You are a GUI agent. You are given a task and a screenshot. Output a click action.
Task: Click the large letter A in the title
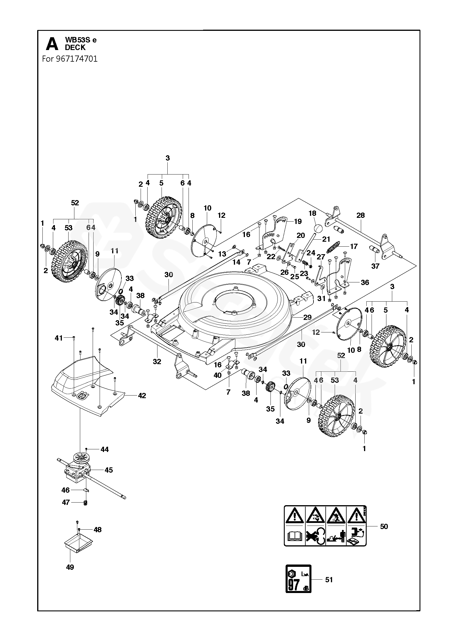pyautogui.click(x=52, y=44)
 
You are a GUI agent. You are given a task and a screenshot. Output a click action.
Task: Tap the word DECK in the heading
pyautogui.click(x=75, y=48)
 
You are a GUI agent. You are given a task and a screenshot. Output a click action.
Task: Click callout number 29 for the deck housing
pyautogui.click(x=307, y=317)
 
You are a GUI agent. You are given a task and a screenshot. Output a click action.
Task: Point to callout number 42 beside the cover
pyautogui.click(x=142, y=396)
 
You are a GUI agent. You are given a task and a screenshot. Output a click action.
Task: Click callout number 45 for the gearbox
pyautogui.click(x=108, y=470)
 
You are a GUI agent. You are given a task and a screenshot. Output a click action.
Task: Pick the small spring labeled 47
pyautogui.click(x=85, y=503)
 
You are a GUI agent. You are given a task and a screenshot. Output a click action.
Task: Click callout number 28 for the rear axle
pyautogui.click(x=360, y=215)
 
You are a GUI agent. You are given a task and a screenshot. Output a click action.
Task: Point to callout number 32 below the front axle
pyautogui.click(x=157, y=362)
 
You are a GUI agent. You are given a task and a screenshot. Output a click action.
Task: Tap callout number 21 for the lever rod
pyautogui.click(x=326, y=239)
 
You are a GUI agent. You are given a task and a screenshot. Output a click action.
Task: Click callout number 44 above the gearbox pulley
pyautogui.click(x=104, y=450)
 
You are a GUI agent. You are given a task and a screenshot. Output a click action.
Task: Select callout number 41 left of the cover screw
pyautogui.click(x=59, y=338)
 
